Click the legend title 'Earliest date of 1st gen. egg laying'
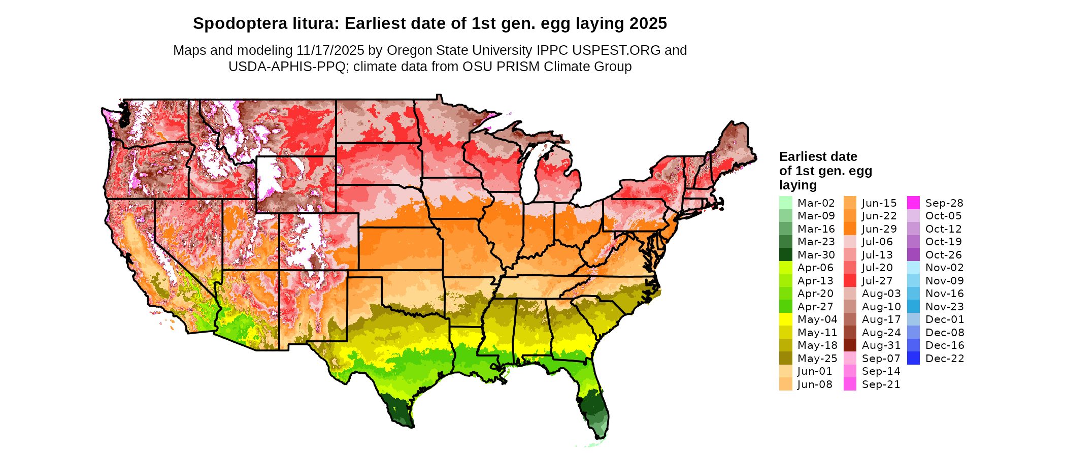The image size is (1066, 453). (825, 171)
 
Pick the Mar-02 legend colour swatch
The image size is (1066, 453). (785, 203)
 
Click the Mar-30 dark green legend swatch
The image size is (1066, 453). (785, 254)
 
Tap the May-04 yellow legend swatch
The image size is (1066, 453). (785, 319)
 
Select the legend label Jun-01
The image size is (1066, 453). (815, 371)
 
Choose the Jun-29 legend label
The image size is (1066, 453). (880, 229)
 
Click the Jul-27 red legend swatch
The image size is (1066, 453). (850, 280)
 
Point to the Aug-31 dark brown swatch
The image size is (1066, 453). (850, 345)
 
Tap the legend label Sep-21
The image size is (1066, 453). (881, 384)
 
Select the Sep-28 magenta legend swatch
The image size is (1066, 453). (913, 203)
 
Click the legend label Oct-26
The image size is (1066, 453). (944, 255)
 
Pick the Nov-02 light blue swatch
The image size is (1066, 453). (913, 268)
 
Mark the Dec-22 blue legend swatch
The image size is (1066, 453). (913, 358)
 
